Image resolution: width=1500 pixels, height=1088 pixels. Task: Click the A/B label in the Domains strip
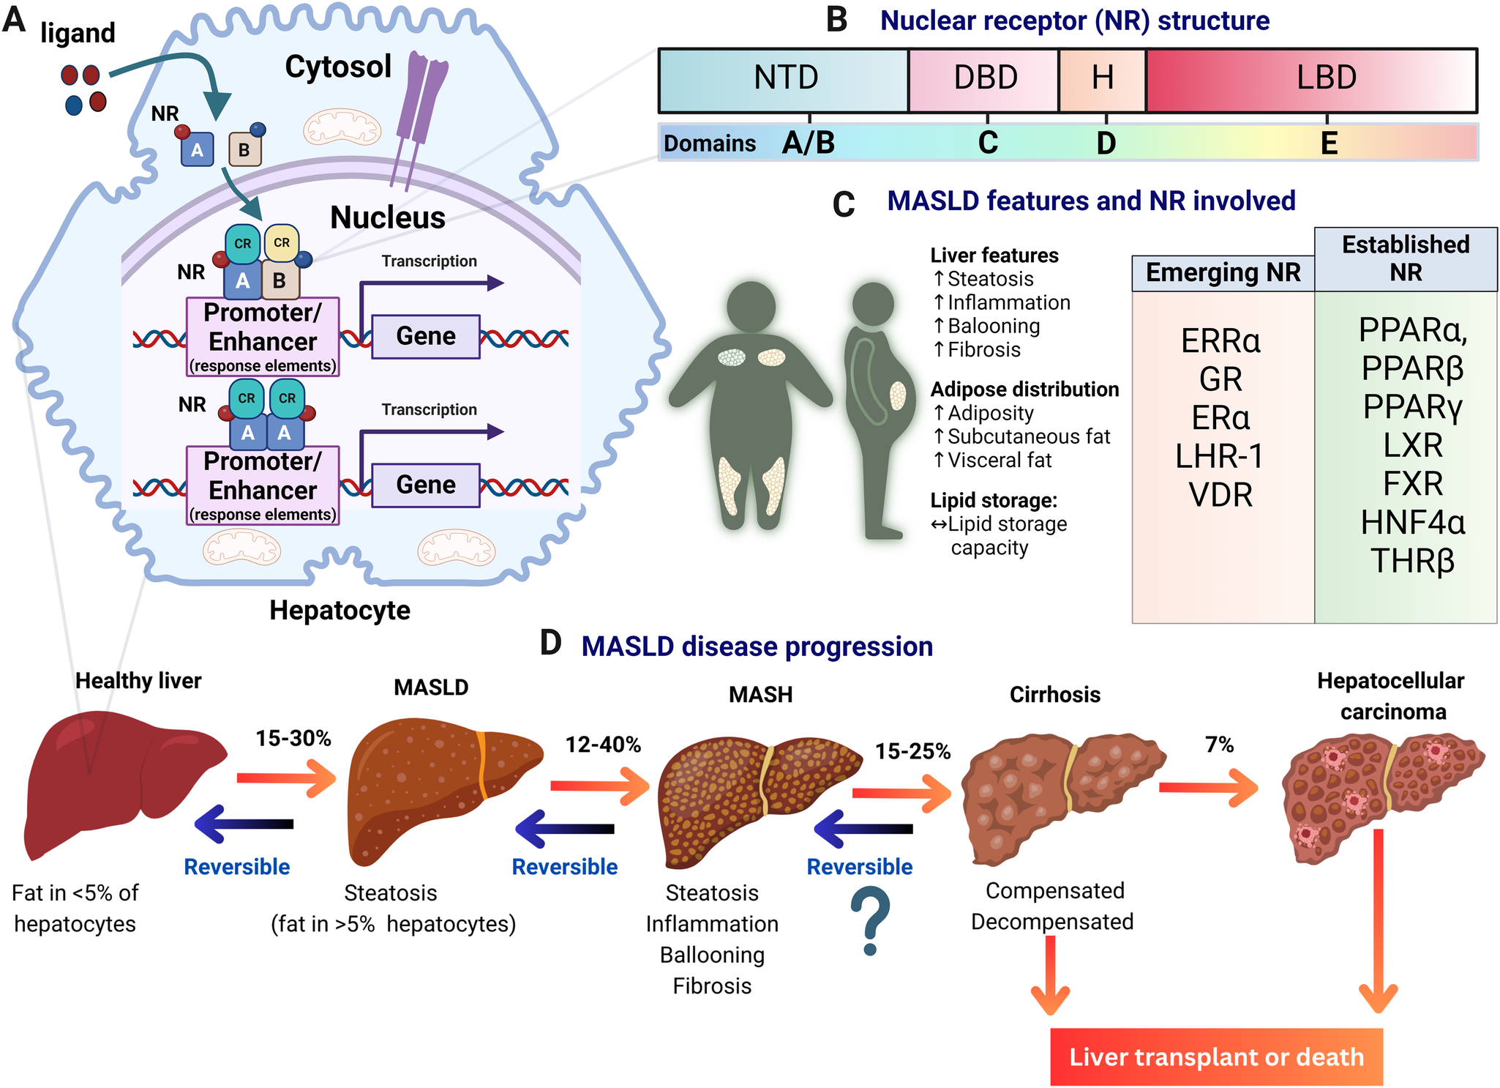pyautogui.click(x=809, y=143)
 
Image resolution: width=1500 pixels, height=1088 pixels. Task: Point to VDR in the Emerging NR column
pyautogui.click(x=1220, y=496)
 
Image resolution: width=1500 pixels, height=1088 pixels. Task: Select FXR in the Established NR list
pyautogui.click(x=1412, y=484)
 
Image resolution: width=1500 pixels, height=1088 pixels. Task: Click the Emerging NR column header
pyautogui.click(x=1223, y=273)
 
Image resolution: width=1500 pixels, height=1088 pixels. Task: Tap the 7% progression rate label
pyautogui.click(x=1219, y=745)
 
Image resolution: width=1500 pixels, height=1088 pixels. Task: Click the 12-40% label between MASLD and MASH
pyautogui.click(x=603, y=745)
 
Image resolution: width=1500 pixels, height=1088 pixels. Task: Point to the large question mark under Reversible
pyautogui.click(x=870, y=921)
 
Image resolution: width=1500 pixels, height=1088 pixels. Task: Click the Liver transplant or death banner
pyautogui.click(x=1216, y=1057)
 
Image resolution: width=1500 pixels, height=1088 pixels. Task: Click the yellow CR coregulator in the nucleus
pyautogui.click(x=281, y=243)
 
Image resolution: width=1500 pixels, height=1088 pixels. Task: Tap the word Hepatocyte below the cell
pyautogui.click(x=340, y=610)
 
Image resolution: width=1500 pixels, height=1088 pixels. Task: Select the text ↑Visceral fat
pyautogui.click(x=992, y=460)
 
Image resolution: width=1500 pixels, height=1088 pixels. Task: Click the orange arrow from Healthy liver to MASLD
pyautogui.click(x=286, y=778)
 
